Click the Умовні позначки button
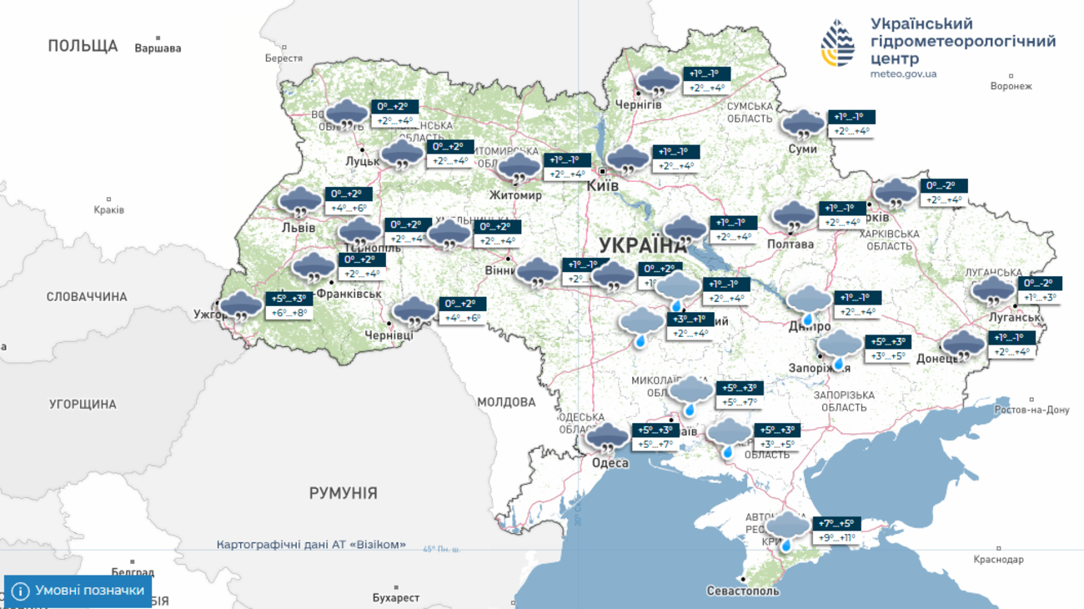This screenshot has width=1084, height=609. pyautogui.click(x=78, y=591)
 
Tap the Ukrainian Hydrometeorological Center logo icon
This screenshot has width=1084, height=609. pyautogui.click(x=838, y=43)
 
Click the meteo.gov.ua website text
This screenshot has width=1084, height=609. pyautogui.click(x=903, y=74)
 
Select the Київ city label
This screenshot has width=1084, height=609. pyautogui.click(x=603, y=186)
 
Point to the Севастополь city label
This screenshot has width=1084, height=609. pyautogui.click(x=742, y=591)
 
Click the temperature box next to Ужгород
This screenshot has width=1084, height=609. pyautogui.click(x=289, y=306)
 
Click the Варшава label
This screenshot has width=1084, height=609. pyautogui.click(x=158, y=48)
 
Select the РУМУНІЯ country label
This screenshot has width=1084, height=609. pyautogui.click(x=343, y=493)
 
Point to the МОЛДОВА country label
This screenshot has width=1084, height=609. pyautogui.click(x=506, y=402)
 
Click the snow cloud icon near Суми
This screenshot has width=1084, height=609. pyautogui.click(x=803, y=125)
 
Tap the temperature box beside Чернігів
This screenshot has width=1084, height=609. pyautogui.click(x=706, y=81)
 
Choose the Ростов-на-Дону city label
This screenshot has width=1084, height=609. pyautogui.click(x=1031, y=410)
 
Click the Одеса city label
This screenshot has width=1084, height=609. pyautogui.click(x=610, y=463)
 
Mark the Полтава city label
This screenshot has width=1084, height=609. pyautogui.click(x=790, y=244)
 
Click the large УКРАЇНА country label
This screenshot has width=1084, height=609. pyautogui.click(x=642, y=245)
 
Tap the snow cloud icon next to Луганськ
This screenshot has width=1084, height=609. pyautogui.click(x=992, y=291)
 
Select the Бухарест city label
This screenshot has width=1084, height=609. pyautogui.click(x=396, y=597)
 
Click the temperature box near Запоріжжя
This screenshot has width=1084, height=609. pyautogui.click(x=888, y=349)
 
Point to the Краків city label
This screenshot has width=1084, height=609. pyautogui.click(x=108, y=209)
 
